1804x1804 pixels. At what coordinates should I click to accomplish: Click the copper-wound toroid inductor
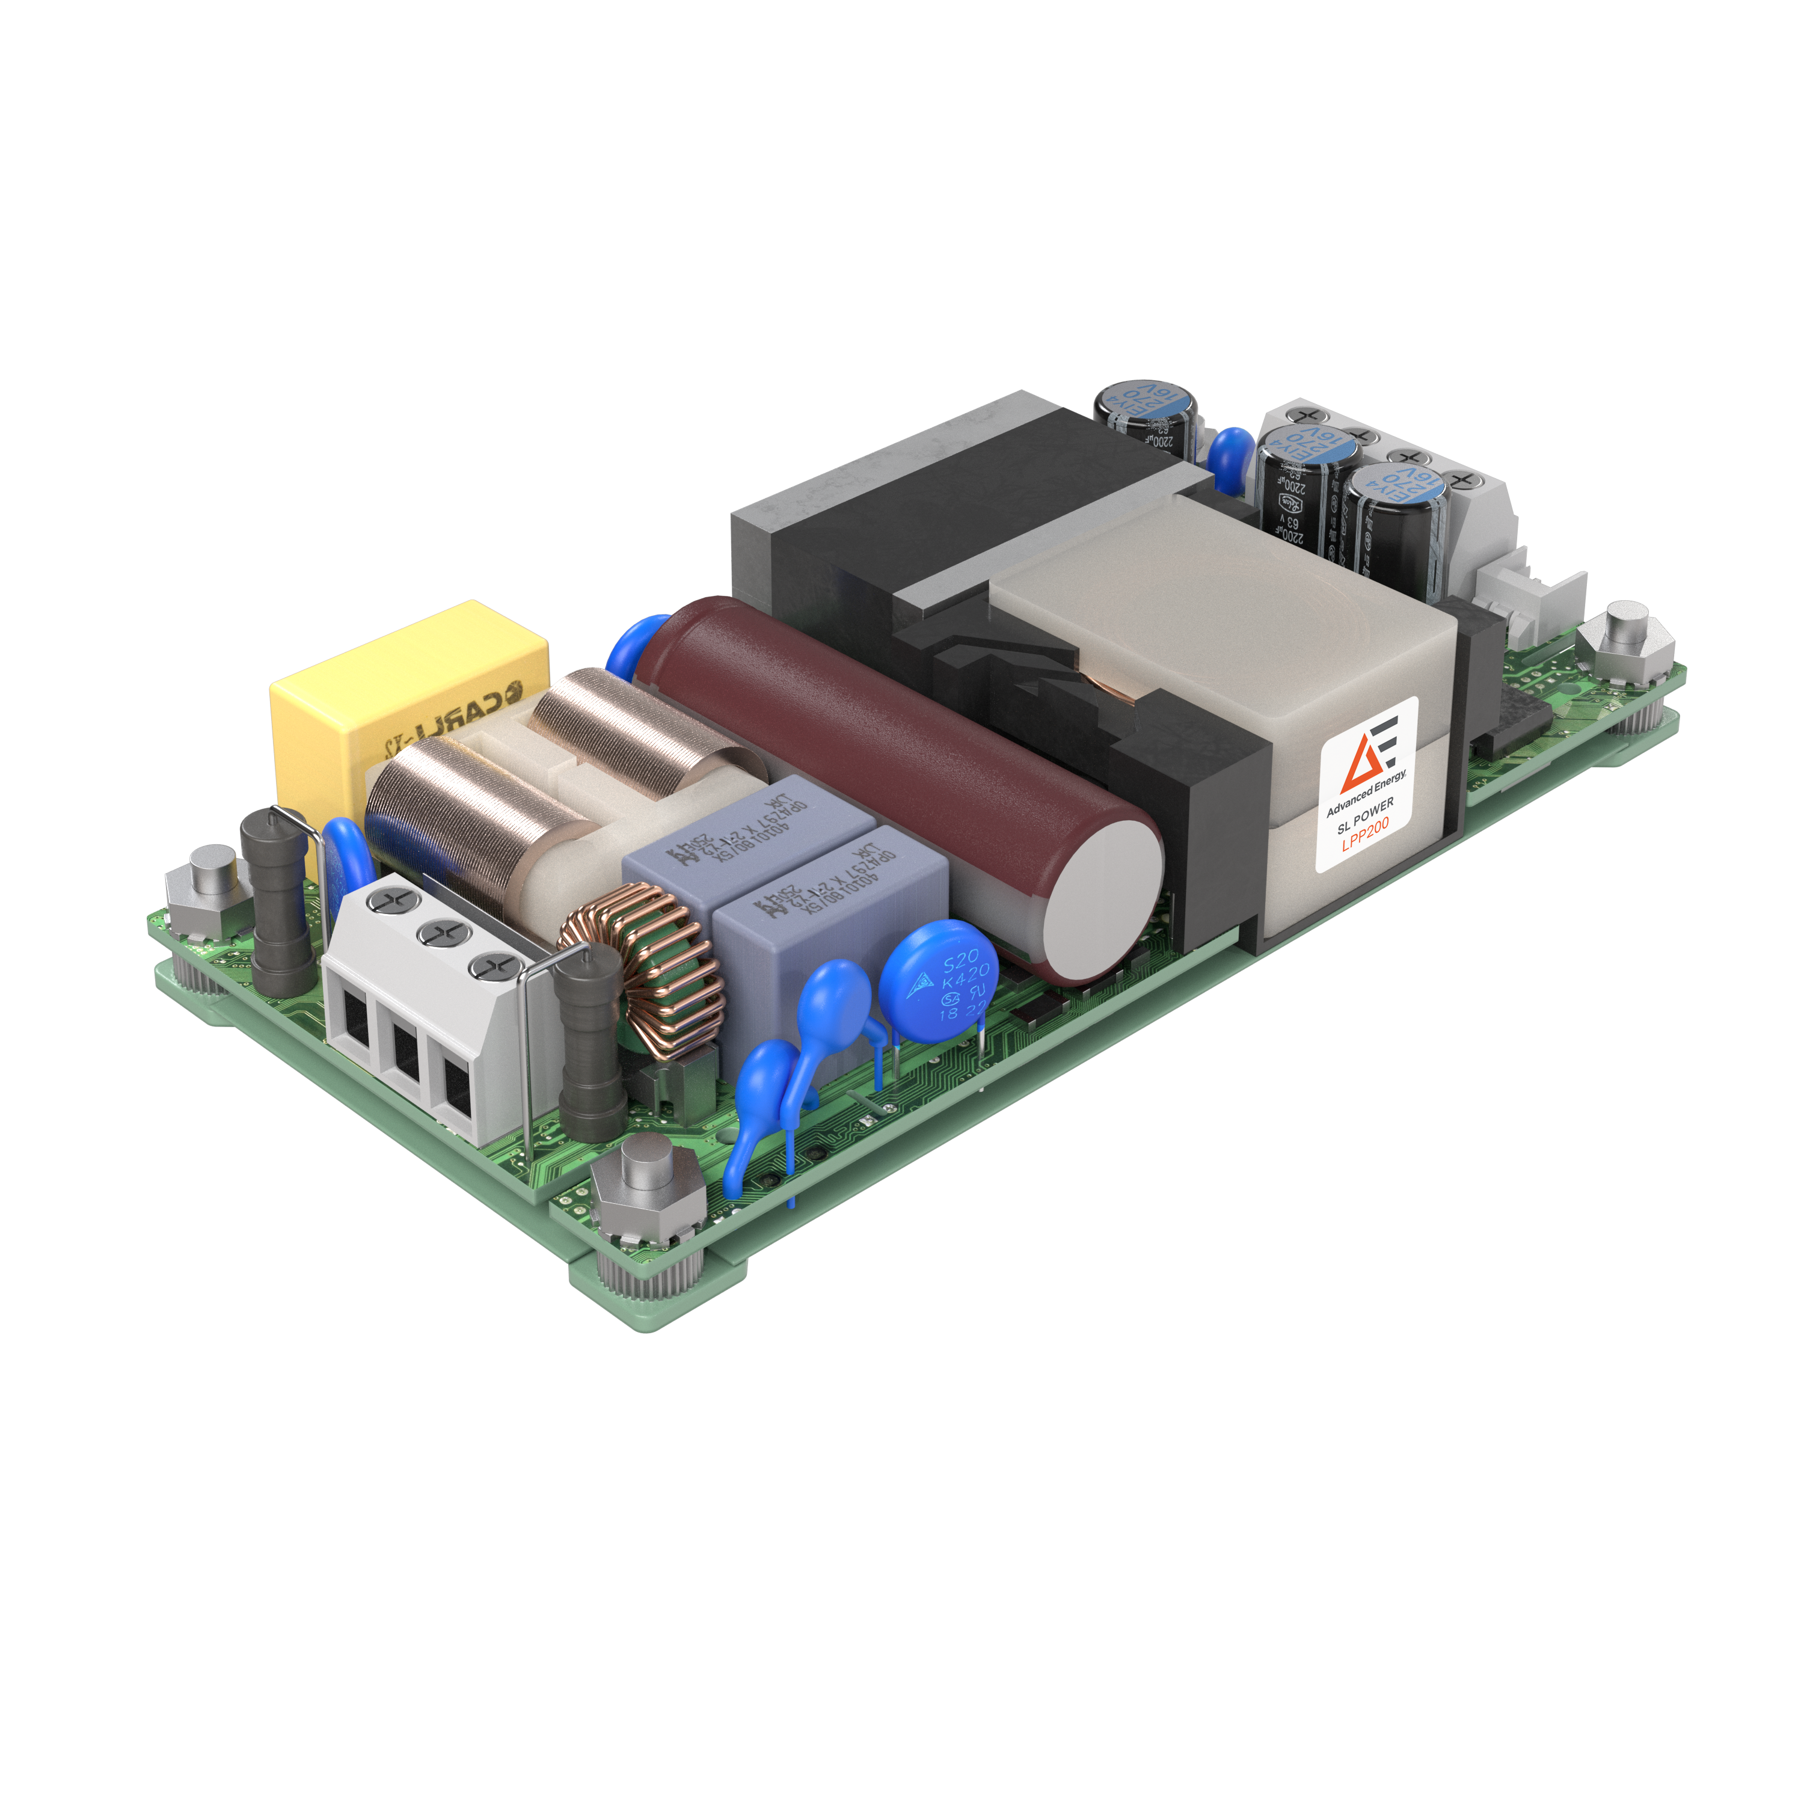tap(644, 971)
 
